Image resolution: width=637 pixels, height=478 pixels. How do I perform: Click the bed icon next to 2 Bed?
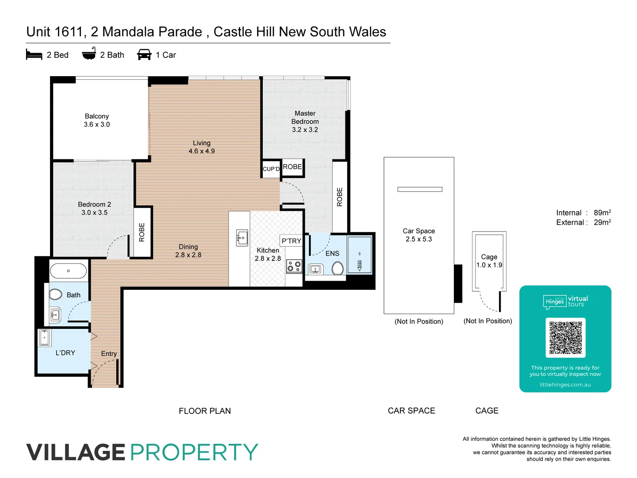pos(34,55)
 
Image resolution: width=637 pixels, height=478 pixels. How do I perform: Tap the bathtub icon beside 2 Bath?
pos(89,54)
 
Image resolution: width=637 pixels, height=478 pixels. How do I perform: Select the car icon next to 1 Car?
pos(144,55)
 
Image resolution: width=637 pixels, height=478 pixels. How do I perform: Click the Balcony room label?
pos(97,116)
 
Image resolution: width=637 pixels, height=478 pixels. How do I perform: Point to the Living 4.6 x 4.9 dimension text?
pos(202,151)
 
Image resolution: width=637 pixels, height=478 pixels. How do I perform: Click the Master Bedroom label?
pos(305,117)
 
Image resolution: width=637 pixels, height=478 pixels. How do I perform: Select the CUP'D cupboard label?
pos(271,169)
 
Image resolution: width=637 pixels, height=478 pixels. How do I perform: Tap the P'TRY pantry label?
pos(291,241)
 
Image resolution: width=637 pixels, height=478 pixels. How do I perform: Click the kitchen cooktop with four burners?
pos(294,266)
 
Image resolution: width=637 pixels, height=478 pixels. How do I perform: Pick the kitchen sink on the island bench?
pos(242,238)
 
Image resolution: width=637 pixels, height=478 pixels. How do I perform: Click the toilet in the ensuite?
pos(338,268)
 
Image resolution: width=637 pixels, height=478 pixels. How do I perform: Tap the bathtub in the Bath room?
pos(68,271)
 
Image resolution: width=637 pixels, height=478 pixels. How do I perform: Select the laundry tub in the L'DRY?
pos(45,337)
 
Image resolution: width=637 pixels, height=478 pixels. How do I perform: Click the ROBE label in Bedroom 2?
pos(142,232)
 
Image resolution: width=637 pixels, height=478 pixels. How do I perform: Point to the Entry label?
pos(109,354)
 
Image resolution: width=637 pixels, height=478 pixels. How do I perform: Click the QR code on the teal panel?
pos(565,337)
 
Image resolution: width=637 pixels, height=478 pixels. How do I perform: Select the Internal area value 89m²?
pos(602,213)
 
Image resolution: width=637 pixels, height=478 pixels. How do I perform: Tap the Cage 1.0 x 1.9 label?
pos(489,261)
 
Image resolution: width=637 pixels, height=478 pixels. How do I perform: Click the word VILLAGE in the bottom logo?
pos(76,452)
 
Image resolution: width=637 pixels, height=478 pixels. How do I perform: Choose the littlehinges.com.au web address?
pos(565,385)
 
